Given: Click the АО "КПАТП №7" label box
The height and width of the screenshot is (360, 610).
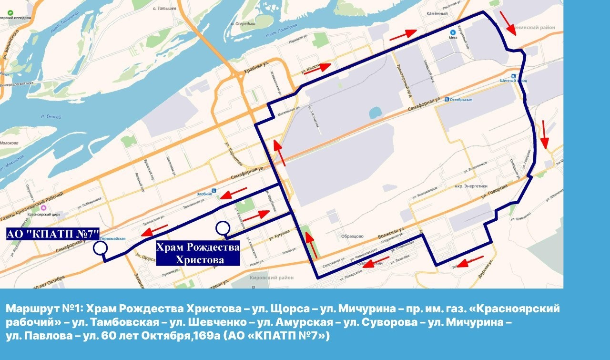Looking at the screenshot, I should (52, 234).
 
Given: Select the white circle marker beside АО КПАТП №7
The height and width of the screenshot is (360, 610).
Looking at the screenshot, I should (100, 248).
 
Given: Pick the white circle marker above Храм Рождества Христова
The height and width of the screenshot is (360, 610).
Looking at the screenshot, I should (222, 228).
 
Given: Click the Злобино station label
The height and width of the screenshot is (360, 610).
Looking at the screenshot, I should (205, 195).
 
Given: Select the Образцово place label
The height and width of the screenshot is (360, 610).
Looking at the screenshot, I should (353, 236).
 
